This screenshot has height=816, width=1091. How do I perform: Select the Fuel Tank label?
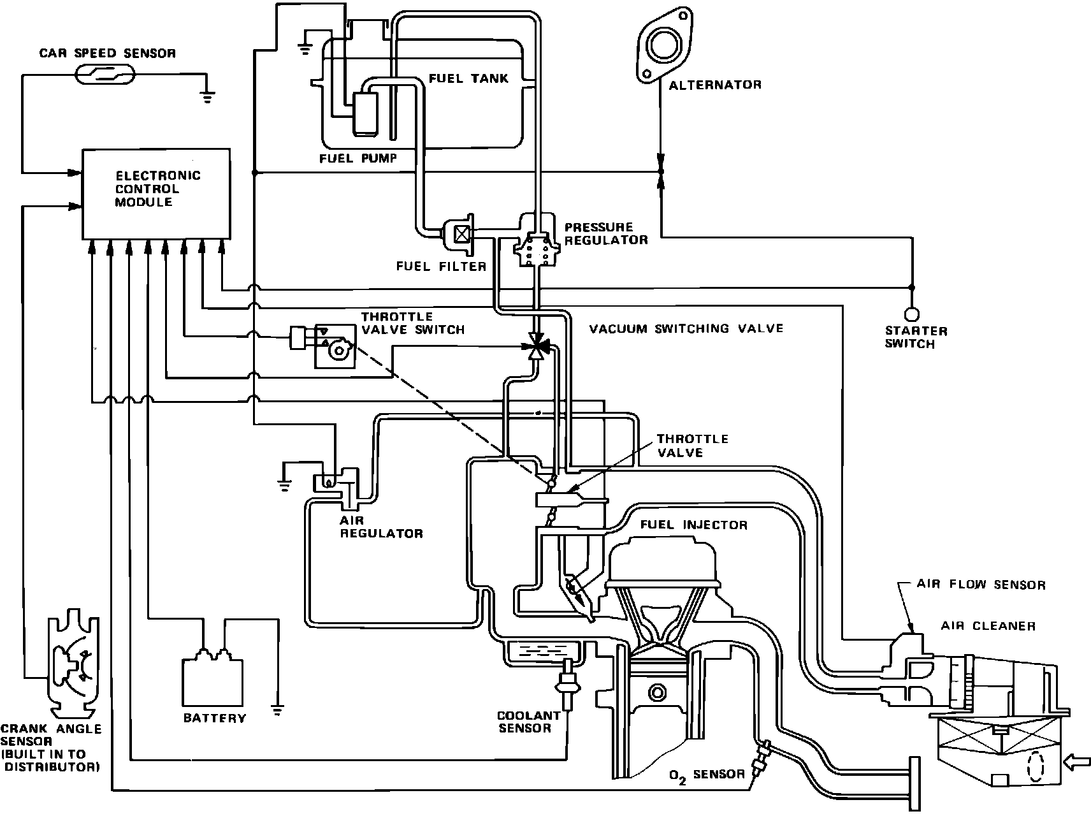468,78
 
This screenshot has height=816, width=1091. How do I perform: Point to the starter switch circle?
911,314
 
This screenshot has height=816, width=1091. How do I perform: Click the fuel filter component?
460,234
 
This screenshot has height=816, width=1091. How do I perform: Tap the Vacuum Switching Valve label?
686,329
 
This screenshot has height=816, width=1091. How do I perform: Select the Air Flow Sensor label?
981,585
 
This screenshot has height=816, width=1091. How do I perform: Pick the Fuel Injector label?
693,525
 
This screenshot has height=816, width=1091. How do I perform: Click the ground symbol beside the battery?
278,710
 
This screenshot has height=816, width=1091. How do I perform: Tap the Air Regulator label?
381,527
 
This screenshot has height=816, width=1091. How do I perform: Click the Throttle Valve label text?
692,446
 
